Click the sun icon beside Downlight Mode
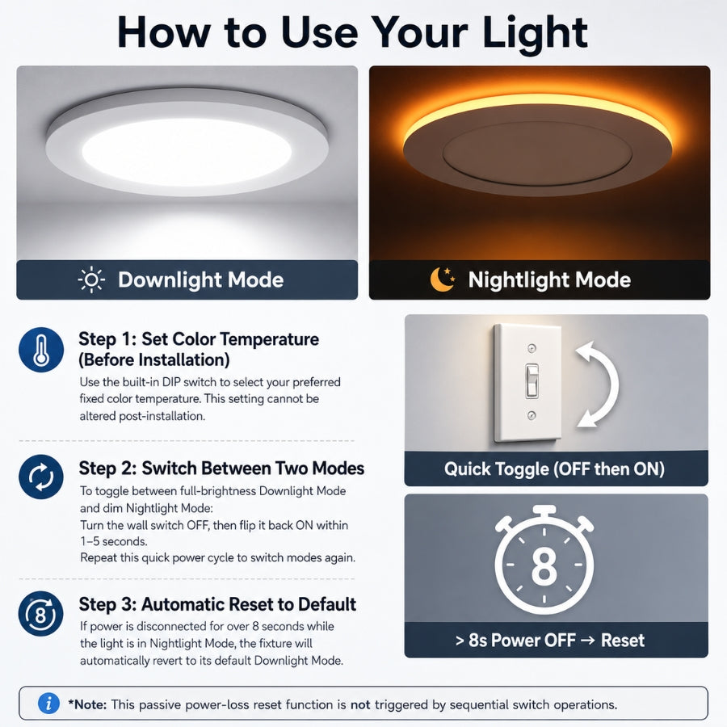pos(91,279)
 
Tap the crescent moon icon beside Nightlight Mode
pos(443,279)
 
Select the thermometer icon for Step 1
pos(41,350)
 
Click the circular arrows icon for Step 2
pos(41,477)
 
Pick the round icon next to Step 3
pos(41,613)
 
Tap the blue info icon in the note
pos(48,704)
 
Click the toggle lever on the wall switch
pos(532,380)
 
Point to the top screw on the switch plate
pos(532,347)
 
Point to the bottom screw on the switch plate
pos(532,415)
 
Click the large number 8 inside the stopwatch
pos(544,565)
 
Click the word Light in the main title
pos(535,33)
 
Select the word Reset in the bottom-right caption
pos(622,641)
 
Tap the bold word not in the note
pos(360,704)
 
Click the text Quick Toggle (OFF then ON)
pos(554,469)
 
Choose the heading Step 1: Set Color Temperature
pos(199,339)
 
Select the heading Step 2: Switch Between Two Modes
pos(221,469)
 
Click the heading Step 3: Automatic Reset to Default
pos(217,604)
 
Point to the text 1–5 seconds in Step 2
pos(114,541)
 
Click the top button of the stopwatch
pos(544,511)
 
